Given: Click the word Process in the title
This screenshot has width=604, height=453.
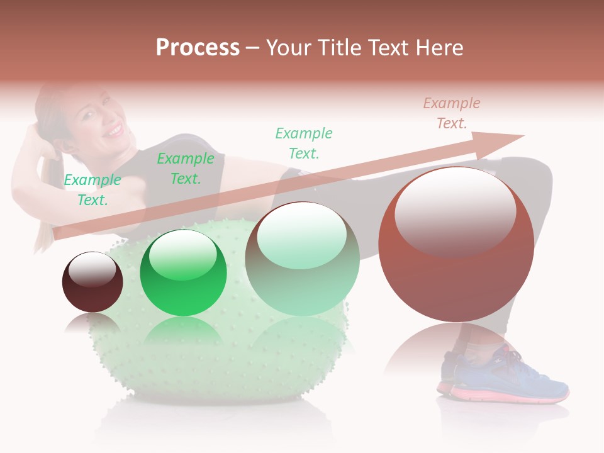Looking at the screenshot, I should click(x=198, y=47).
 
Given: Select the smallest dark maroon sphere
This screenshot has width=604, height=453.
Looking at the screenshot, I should click(x=92, y=282).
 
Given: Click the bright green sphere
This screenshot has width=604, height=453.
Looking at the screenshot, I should click(x=183, y=273).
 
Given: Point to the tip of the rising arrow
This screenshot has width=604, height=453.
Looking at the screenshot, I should click(x=522, y=135).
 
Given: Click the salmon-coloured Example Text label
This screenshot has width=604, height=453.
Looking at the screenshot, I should click(x=452, y=113).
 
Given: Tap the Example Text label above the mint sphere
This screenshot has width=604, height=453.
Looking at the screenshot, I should click(x=304, y=143).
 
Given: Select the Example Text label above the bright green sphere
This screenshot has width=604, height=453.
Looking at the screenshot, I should click(x=186, y=169).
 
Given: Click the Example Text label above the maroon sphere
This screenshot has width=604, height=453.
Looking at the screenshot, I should click(x=92, y=189).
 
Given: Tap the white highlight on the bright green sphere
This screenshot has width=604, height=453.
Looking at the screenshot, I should click(x=183, y=255).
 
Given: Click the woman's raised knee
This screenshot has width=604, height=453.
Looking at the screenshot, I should click(x=535, y=176).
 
